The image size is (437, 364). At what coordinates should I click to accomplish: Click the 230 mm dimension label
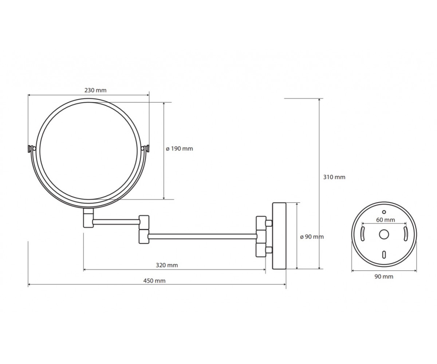(x=95, y=90)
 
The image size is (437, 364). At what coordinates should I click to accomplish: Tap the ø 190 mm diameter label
(x=180, y=149)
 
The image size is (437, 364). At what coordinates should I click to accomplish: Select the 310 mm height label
(x=334, y=177)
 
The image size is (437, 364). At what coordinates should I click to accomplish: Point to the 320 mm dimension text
(x=167, y=265)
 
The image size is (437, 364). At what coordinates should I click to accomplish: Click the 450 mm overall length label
(x=154, y=281)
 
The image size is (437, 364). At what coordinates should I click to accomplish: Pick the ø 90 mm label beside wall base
(x=312, y=237)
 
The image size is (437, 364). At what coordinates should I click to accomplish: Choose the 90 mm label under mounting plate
(x=384, y=277)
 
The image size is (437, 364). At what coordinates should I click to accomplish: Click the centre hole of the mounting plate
(x=384, y=235)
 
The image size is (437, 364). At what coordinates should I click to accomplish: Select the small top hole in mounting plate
(x=384, y=212)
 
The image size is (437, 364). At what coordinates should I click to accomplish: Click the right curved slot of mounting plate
(x=405, y=234)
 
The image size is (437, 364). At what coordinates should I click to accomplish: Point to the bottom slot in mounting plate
(x=384, y=254)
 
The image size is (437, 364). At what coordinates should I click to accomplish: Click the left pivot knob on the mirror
(x=31, y=149)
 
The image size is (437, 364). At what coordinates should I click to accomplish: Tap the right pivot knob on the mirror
(x=146, y=149)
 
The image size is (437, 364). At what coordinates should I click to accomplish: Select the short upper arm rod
(x=117, y=222)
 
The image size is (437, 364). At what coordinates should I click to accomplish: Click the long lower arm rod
(x=202, y=237)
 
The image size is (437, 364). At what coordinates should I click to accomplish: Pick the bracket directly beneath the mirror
(x=88, y=218)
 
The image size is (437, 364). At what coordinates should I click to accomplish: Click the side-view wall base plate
(x=279, y=236)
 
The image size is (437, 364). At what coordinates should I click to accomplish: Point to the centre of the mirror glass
(x=88, y=151)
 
